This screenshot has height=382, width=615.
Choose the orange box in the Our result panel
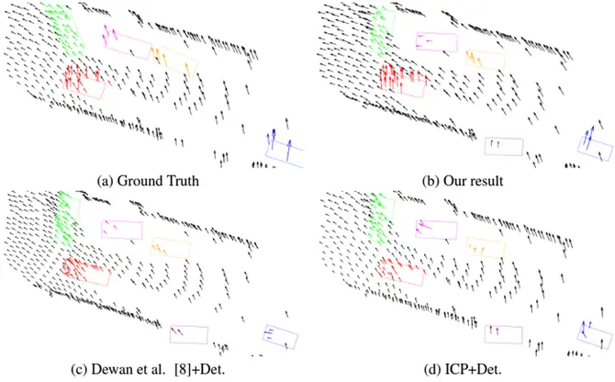click(485, 61)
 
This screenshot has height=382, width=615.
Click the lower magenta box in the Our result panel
click(503, 145)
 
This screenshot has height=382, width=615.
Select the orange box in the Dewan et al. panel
click(169, 247)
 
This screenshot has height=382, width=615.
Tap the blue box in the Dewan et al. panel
click(280, 336)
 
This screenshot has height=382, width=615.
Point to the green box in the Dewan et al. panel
click(69, 219)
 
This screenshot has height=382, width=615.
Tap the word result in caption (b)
click(484, 181)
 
